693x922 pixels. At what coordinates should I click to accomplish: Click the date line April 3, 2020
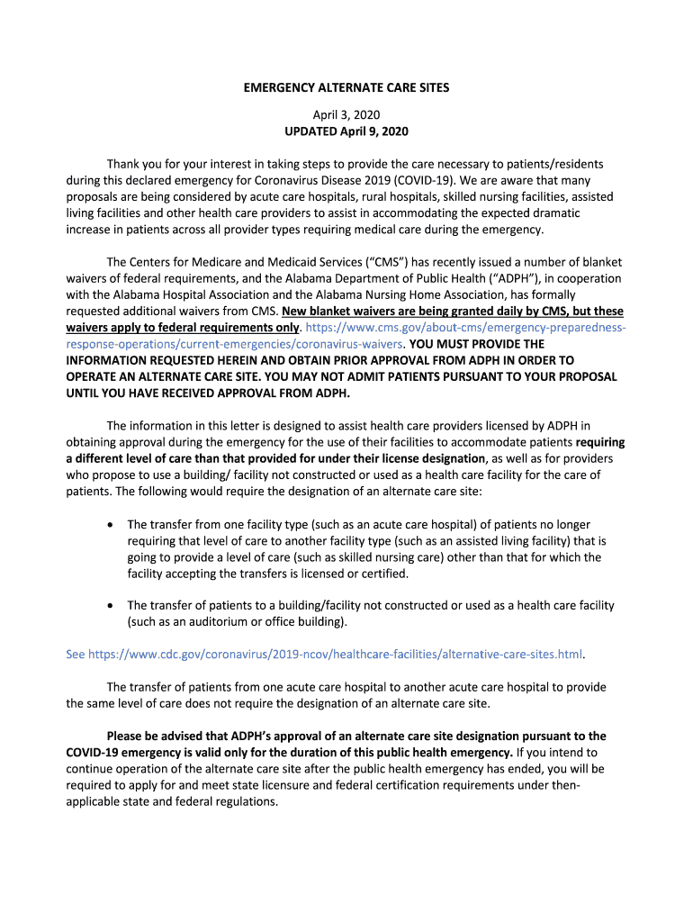point(346,115)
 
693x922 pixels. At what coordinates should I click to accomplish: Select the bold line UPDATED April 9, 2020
point(346,131)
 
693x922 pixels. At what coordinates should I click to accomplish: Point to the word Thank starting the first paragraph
point(124,164)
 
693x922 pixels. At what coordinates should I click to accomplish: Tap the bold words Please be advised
point(155,736)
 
